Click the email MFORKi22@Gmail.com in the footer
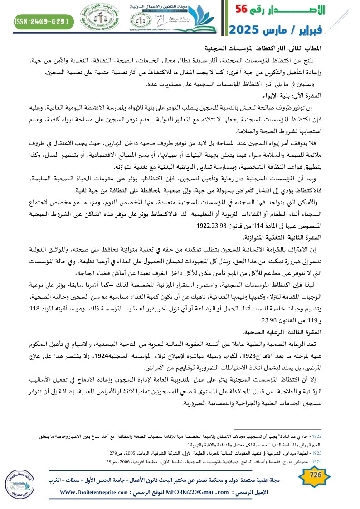point(206,492)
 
